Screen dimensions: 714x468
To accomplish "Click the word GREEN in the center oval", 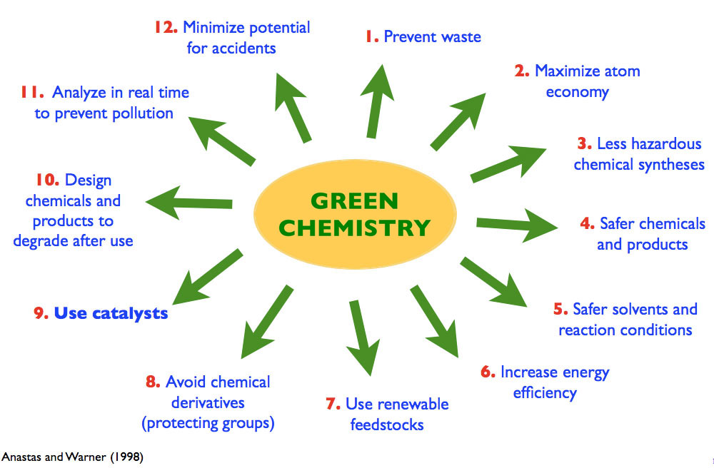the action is (354, 201).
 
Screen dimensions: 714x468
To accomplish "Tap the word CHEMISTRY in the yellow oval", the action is (354, 228).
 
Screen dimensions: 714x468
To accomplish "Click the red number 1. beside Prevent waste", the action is (372, 36).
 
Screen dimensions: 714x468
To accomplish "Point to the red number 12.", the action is (166, 27).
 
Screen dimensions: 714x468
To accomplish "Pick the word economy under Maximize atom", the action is (578, 92).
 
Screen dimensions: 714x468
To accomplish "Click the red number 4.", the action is (588, 223).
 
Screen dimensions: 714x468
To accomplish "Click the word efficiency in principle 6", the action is (545, 393).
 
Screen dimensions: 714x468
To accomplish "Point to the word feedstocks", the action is (387, 424).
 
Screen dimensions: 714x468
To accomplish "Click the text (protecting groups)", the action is (208, 424).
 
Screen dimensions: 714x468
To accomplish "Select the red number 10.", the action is (47, 180).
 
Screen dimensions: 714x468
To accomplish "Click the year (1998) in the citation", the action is (126, 457).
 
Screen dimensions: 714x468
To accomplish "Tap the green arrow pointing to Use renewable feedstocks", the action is (363, 337).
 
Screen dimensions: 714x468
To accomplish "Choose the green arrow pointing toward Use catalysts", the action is (207, 277).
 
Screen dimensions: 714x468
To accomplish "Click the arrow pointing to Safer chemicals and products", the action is (517, 225).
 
